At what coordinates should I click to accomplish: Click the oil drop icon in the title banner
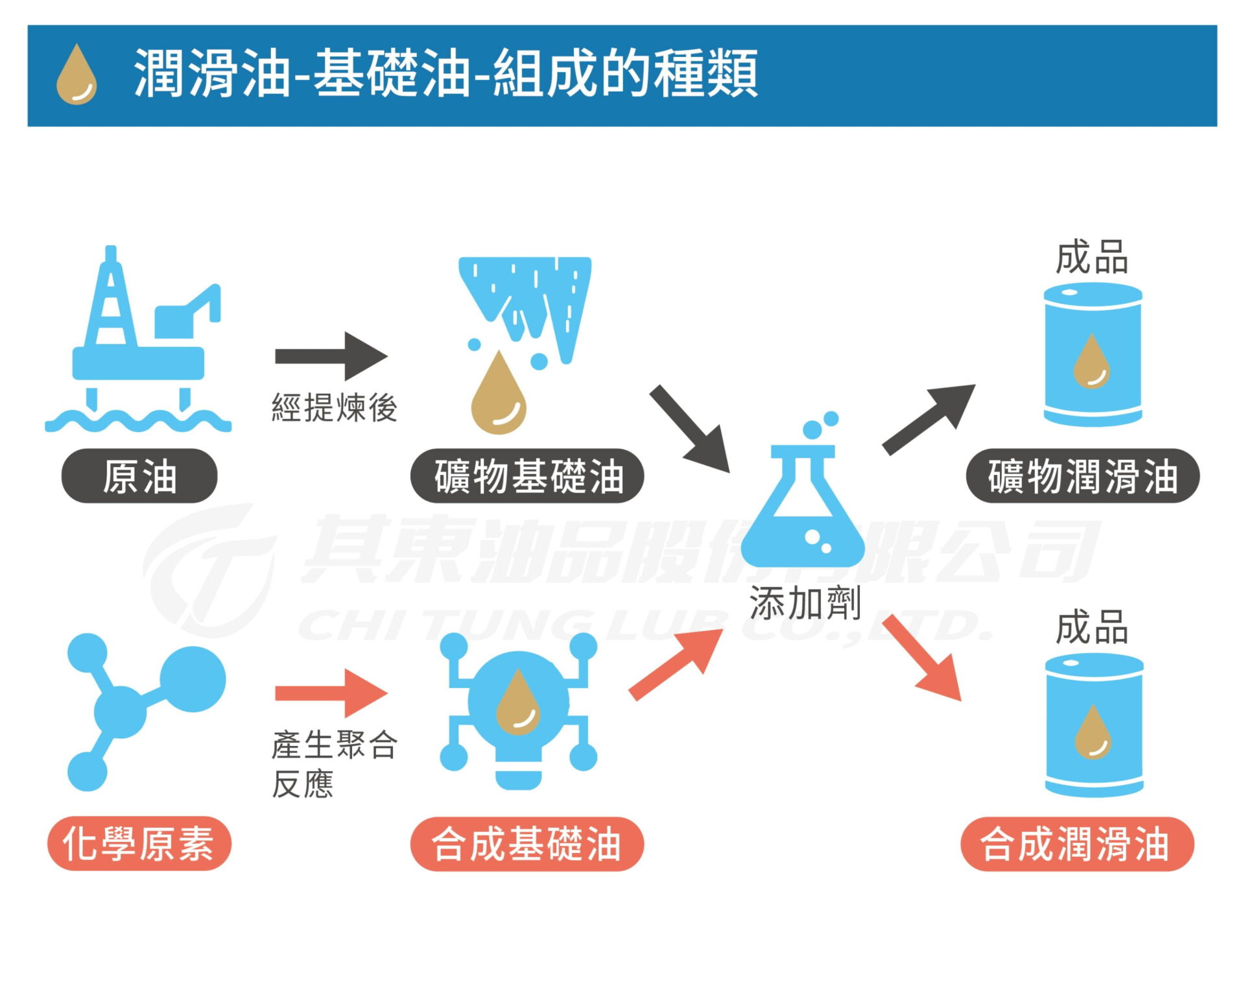77,75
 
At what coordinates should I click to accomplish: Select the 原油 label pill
139,475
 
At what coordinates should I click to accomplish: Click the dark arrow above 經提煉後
331,356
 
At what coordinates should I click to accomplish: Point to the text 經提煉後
334,408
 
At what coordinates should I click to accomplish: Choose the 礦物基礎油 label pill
527,475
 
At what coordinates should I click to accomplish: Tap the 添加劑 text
805,603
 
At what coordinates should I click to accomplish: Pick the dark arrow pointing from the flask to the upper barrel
929,418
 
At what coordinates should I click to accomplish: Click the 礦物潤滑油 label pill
1082,475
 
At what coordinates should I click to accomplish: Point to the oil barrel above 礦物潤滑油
1093,355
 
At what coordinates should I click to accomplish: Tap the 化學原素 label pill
139,843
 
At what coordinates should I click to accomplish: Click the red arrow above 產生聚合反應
331,693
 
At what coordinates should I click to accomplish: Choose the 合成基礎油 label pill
527,843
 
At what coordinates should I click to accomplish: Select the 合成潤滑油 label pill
1077,843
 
